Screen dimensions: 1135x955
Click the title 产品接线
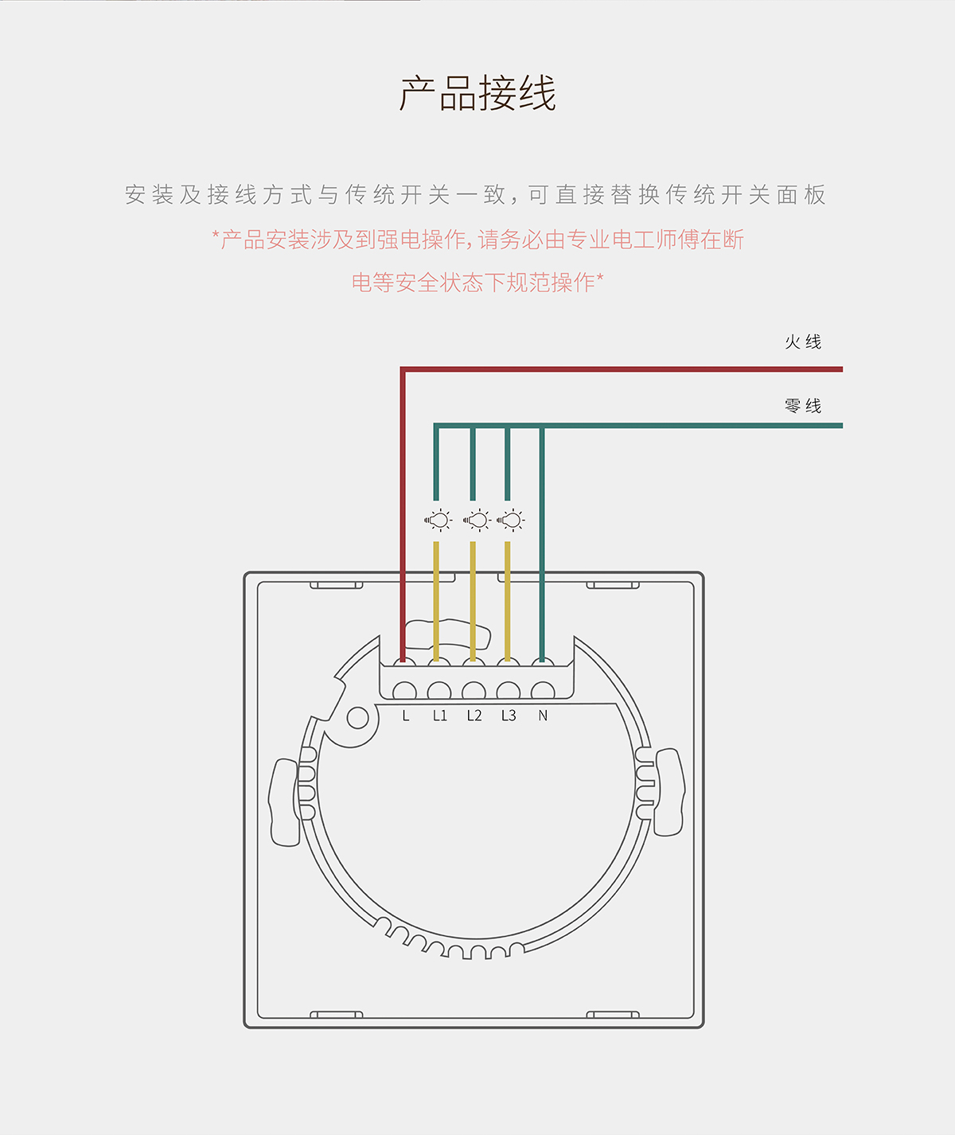click(x=477, y=94)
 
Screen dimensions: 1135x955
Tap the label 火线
click(x=802, y=342)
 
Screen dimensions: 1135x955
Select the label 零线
click(x=802, y=406)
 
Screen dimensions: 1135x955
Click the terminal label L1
click(x=440, y=716)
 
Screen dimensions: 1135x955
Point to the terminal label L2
click(x=474, y=716)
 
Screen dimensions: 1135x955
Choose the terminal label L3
click(x=509, y=716)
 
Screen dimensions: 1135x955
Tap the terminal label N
click(x=543, y=716)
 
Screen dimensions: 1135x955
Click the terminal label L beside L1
click(x=406, y=716)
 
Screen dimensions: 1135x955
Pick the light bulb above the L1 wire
click(x=438, y=521)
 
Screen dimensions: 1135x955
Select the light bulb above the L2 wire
click(x=477, y=521)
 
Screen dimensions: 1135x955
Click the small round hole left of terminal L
click(x=358, y=718)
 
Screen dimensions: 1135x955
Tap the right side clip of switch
click(x=668, y=792)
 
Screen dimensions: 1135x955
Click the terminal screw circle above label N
click(x=543, y=691)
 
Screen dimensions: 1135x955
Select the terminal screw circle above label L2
click(x=474, y=691)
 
